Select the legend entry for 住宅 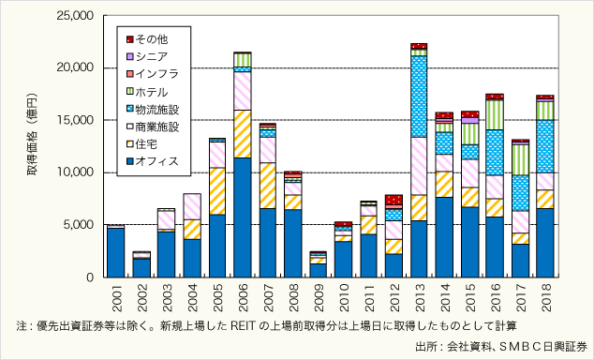click(149, 142)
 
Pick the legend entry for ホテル click(152, 90)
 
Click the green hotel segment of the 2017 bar click(520, 159)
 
